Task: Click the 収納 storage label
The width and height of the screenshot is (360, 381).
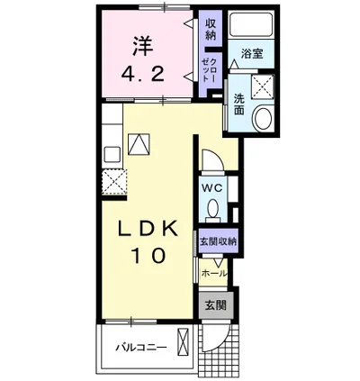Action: click(x=211, y=29)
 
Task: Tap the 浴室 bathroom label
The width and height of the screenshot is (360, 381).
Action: click(x=252, y=54)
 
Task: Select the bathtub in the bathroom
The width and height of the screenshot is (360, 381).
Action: click(x=251, y=25)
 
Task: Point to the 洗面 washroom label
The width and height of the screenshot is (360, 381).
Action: click(x=239, y=104)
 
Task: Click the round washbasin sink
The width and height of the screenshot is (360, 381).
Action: click(x=263, y=118)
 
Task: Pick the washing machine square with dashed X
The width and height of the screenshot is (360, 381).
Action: click(x=263, y=86)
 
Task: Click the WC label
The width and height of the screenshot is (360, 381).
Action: click(x=211, y=188)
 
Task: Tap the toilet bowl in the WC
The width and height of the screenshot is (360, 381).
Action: click(x=213, y=208)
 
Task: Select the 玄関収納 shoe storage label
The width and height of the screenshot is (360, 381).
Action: click(x=219, y=241)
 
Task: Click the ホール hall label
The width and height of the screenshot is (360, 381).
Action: click(x=214, y=274)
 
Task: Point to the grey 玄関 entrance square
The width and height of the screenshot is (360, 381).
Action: click(x=215, y=305)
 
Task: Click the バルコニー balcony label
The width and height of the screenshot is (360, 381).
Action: click(x=141, y=349)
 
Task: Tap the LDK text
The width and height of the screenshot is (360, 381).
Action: click(x=148, y=229)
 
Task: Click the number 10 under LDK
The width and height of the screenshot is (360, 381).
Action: click(x=148, y=256)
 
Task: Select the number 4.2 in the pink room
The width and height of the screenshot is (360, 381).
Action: click(x=143, y=75)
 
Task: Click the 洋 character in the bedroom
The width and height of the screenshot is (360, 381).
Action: click(x=143, y=46)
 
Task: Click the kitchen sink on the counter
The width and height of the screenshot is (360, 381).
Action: click(x=112, y=155)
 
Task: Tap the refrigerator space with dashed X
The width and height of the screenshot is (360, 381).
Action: click(x=114, y=182)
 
